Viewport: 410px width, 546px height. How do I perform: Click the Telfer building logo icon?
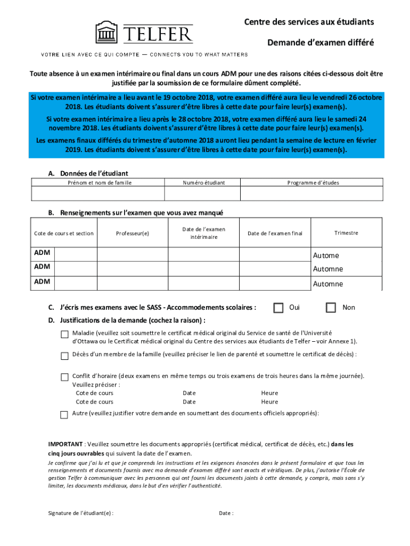[106, 33]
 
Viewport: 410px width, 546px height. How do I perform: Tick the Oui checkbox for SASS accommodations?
[278, 308]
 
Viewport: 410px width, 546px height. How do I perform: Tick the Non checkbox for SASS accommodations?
[331, 308]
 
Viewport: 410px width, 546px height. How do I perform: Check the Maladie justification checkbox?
[64, 334]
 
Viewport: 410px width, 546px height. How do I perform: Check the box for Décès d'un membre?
[64, 356]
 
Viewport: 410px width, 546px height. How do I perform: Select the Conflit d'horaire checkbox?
[64, 376]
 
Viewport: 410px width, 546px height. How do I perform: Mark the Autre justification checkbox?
[64, 414]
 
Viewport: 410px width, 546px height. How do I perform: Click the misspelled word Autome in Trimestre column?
[326, 255]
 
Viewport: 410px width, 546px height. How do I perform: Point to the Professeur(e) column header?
[133, 233]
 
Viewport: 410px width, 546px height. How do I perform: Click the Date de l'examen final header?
[275, 233]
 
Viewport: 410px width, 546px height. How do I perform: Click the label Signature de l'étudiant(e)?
[80, 513]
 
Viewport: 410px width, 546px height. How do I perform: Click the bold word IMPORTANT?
[65, 444]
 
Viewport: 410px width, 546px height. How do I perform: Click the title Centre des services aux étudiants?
[309, 22]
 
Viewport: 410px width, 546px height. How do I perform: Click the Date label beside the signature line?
[226, 513]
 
